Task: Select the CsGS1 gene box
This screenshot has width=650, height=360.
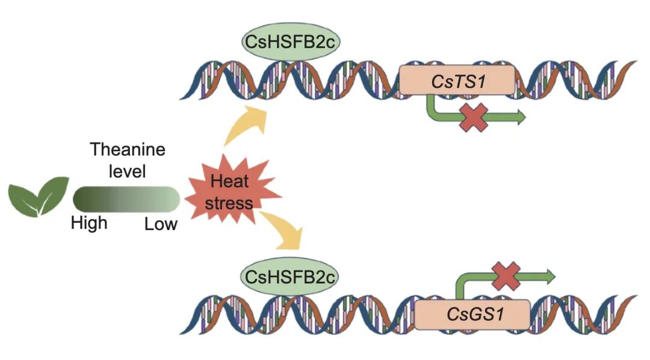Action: coord(473,314)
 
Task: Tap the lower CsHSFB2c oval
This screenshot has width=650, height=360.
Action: coord(289,278)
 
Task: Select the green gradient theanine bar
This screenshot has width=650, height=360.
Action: coord(126,199)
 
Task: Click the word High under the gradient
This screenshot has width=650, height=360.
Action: coord(89,223)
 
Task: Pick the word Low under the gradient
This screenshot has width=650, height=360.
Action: coord(161,225)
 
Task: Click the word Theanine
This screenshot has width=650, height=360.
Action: coord(127,149)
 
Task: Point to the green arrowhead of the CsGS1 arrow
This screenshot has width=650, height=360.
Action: coord(549,276)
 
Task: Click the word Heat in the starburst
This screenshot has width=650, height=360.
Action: coord(229,181)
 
